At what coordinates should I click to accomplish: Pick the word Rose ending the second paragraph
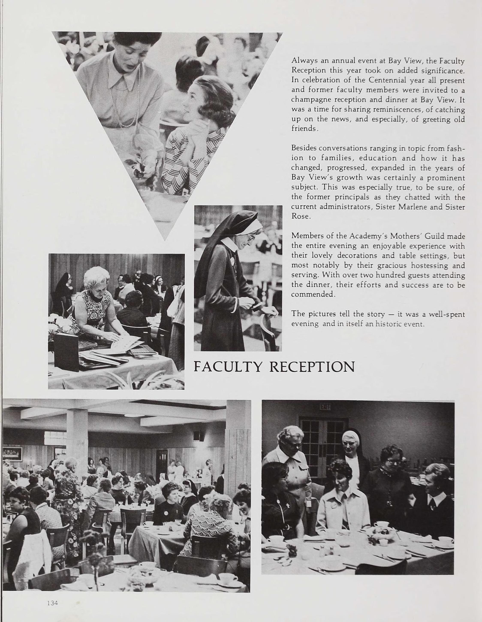(300, 216)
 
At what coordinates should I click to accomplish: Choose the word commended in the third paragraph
(312, 294)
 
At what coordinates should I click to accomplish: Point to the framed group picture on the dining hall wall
(12, 453)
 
